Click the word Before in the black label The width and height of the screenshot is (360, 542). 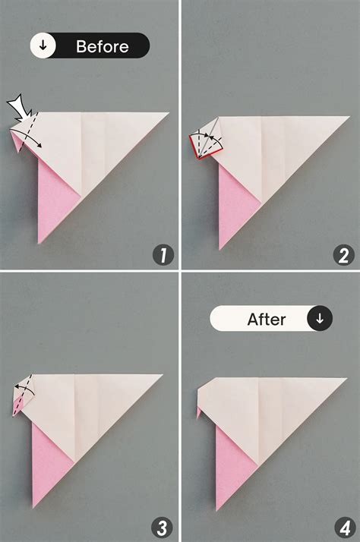click(102, 46)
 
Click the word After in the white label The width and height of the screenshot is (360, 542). click(266, 319)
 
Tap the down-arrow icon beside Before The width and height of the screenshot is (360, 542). click(43, 46)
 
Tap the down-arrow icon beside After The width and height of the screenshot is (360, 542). click(320, 319)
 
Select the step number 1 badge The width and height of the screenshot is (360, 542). click(163, 255)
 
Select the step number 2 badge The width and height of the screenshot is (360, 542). click(346, 255)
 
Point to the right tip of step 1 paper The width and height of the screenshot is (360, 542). click(168, 113)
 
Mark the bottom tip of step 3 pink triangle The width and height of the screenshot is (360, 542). click(33, 506)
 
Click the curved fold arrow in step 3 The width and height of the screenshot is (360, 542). click(25, 389)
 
